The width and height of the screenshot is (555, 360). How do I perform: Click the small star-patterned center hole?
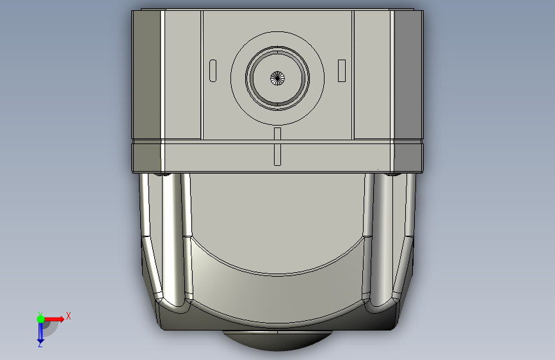coord(278,78)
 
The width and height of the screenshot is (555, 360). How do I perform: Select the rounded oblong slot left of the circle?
coord(213,70)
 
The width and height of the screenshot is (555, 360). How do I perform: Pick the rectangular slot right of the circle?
coord(342,70)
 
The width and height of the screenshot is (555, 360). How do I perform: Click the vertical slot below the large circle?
coord(278,146)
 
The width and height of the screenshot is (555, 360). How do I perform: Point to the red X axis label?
coord(68,316)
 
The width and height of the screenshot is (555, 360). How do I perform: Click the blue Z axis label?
coord(40,344)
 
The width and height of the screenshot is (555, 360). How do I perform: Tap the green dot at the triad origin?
coord(40,319)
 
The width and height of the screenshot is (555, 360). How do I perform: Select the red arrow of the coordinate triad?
coord(54,319)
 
